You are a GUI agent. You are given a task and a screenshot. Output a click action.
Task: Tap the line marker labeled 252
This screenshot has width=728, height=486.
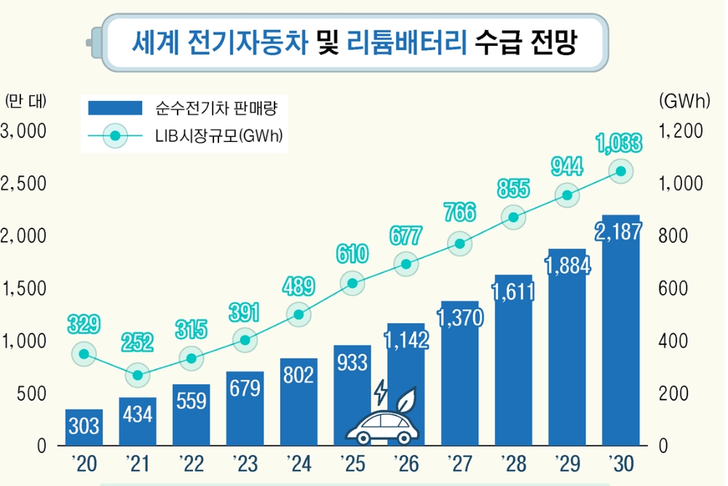(138, 375)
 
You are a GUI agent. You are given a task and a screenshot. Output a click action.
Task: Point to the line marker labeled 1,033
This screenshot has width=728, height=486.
(620, 172)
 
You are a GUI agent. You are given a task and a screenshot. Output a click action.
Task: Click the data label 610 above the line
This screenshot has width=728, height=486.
(352, 254)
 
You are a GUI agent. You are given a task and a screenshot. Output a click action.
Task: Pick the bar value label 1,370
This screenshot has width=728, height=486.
(459, 318)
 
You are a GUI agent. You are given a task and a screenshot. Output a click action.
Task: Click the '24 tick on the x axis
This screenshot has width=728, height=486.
(298, 463)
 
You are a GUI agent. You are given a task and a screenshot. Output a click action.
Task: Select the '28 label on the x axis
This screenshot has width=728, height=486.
(513, 463)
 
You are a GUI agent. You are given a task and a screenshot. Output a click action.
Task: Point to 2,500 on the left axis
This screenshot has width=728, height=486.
(24, 183)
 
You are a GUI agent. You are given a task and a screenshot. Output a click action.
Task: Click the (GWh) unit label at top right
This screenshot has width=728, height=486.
(684, 101)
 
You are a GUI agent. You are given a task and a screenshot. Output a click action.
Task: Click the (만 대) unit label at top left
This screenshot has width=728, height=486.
(25, 101)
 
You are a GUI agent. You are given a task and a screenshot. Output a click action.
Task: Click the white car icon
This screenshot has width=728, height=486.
(381, 426)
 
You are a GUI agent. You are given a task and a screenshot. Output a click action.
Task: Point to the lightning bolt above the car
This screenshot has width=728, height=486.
(380, 393)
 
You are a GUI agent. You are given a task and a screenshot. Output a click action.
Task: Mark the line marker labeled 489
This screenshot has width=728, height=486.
(298, 314)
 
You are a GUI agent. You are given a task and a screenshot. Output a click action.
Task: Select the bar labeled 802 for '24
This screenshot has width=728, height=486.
(298, 401)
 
